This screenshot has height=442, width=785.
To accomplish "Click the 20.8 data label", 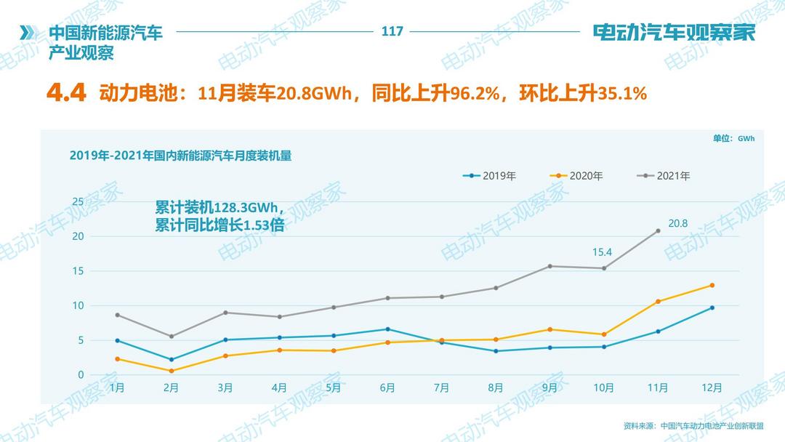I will (677, 223).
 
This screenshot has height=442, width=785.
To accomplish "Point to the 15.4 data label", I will (603, 252).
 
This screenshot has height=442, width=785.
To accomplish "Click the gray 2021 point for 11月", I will (658, 230).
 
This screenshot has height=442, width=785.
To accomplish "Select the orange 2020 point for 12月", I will (712, 285).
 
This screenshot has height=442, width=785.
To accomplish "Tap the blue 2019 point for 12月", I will (712, 308).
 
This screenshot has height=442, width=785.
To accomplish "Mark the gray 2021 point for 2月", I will (171, 337).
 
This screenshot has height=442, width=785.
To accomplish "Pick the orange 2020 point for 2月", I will (171, 371).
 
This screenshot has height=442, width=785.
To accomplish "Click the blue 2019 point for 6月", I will (387, 329).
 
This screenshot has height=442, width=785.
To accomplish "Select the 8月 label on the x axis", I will (496, 388).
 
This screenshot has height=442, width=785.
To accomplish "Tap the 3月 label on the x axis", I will (225, 388).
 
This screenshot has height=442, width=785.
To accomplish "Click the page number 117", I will (392, 31).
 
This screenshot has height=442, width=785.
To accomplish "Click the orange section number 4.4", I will (66, 93).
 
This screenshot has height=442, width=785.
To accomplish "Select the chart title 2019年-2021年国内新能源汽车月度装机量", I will (180, 155).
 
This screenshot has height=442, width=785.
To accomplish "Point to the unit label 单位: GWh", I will (733, 138).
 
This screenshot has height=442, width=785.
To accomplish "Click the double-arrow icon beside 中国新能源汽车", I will (28, 33).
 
